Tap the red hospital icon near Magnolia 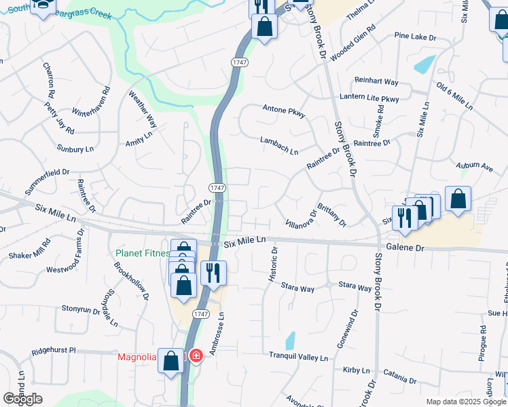point(196,355)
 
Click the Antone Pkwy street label point(284,111)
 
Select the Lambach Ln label point(279,146)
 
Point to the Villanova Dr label point(301,218)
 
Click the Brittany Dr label point(331,217)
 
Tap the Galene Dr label point(406,248)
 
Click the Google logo point(22,399)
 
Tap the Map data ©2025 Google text point(465,402)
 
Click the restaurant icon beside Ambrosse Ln point(213,273)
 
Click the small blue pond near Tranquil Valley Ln point(290,341)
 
